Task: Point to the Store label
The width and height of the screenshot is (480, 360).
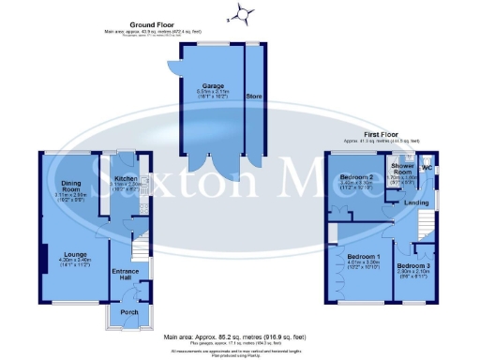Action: tap(252, 96)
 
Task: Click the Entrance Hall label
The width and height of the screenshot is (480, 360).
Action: tap(126, 275)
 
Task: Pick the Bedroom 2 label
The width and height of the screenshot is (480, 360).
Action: tap(357, 176)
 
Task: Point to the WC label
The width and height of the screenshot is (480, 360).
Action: tap(427, 168)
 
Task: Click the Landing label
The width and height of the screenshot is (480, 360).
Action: tap(404, 202)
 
